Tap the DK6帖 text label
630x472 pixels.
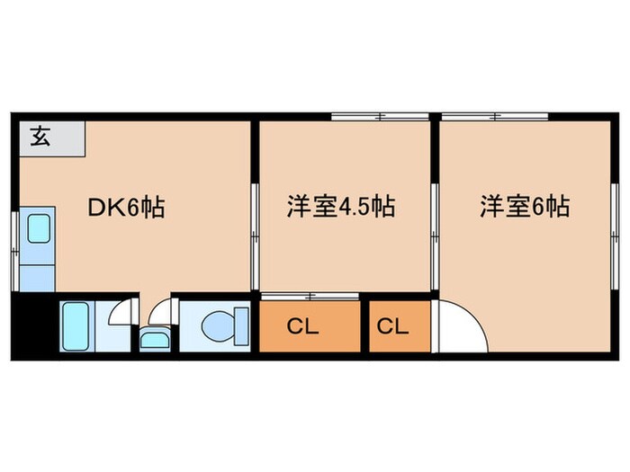[x=125, y=208]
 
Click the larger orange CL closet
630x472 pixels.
[x=304, y=326]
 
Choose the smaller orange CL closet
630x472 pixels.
[x=392, y=326]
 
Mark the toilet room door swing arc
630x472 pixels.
[x=160, y=313]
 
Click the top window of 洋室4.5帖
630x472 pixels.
[x=378, y=117]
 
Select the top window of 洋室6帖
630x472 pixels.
[x=495, y=117]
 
